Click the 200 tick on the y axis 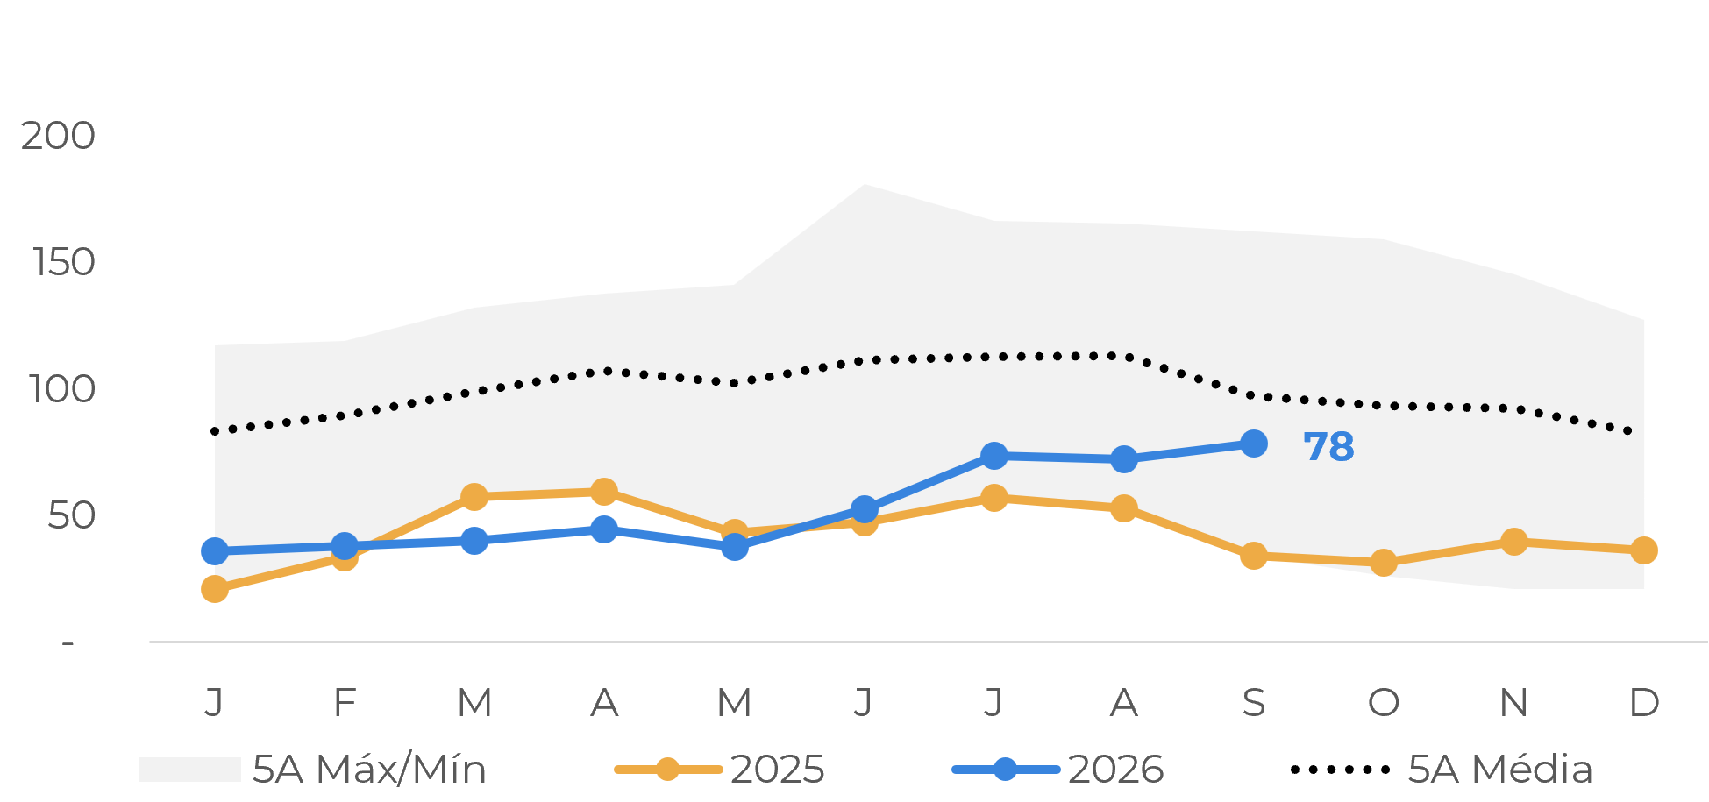click(58, 136)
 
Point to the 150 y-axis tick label click(63, 262)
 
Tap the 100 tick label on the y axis click(61, 389)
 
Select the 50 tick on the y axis click(71, 515)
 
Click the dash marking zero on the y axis click(68, 644)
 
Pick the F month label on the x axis click(345, 702)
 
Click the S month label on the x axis click(1254, 702)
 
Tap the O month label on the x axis click(1384, 702)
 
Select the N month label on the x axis click(1513, 702)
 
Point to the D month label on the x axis click(1644, 702)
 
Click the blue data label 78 click(1328, 447)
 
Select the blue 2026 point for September click(1254, 444)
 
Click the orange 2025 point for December click(1644, 550)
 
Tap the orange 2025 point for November click(1514, 542)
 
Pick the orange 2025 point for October click(1384, 562)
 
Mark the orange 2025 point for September click(1254, 555)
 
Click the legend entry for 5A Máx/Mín click(313, 769)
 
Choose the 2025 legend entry click(720, 770)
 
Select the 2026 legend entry click(1058, 770)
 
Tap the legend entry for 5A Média click(1442, 769)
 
